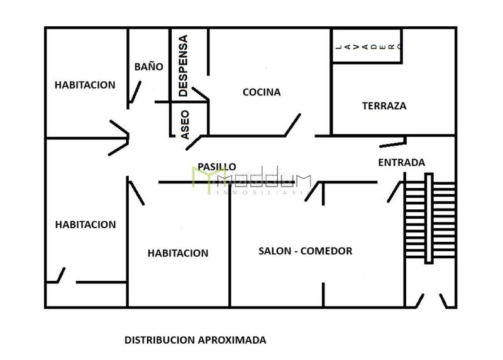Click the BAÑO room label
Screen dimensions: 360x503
coord(149,67)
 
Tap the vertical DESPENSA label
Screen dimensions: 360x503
coord(183,65)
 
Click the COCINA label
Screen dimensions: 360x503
coord(262,92)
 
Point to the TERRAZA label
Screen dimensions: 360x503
coord(384,106)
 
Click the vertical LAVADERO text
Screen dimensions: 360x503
coord(367,46)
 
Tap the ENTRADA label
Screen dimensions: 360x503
coord(401,162)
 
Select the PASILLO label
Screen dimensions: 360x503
coord(217,166)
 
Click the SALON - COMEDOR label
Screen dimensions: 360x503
coord(305,251)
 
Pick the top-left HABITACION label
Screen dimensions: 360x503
coord(85,85)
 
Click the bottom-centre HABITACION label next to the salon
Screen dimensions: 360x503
coord(178,253)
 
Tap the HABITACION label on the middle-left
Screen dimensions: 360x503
coord(86,224)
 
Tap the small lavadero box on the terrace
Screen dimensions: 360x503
coord(367,46)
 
